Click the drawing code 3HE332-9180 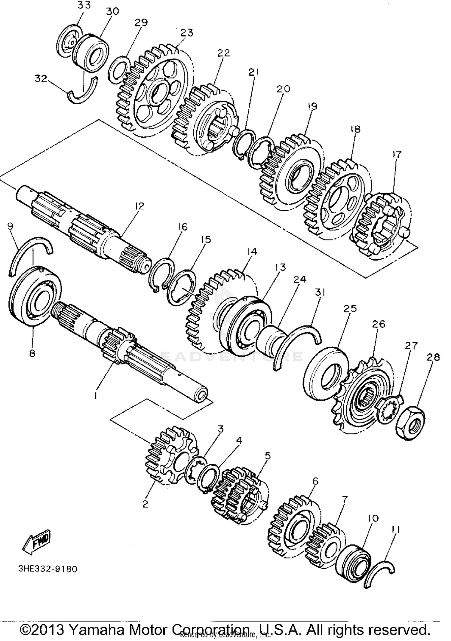(x=48, y=569)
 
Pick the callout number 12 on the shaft (x=140, y=206)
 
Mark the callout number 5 (x=267, y=456)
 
